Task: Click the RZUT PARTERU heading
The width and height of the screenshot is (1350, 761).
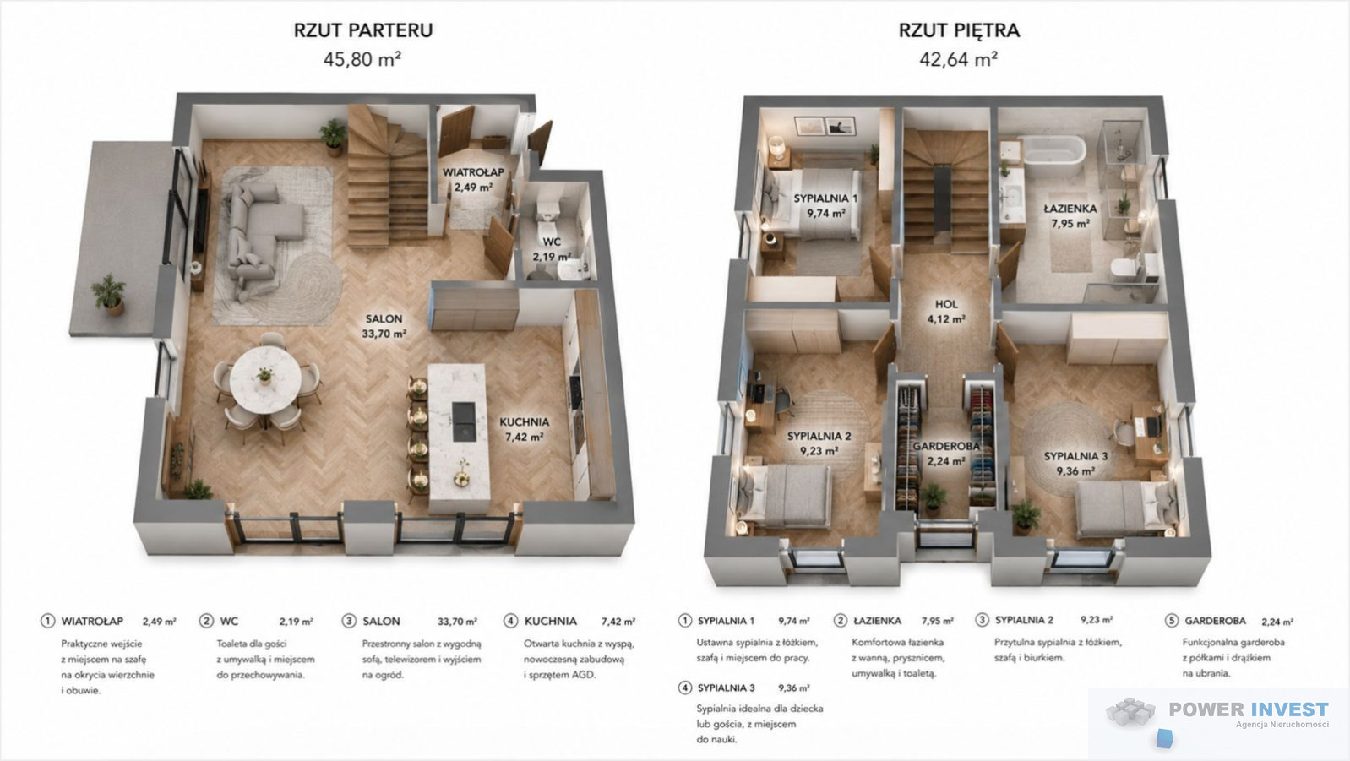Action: click(x=362, y=30)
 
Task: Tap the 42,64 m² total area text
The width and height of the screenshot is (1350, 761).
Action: click(x=958, y=59)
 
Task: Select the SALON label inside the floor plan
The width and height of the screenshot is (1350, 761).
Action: click(x=384, y=318)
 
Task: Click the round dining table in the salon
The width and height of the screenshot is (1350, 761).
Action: click(x=266, y=379)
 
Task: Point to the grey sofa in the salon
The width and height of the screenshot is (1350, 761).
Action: click(x=259, y=235)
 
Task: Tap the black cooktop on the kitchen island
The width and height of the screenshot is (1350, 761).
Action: click(x=464, y=421)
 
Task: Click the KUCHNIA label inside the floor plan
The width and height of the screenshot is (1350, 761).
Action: click(x=525, y=422)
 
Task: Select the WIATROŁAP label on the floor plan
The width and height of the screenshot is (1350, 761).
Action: click(x=474, y=172)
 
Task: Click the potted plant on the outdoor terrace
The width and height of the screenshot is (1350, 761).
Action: click(x=109, y=294)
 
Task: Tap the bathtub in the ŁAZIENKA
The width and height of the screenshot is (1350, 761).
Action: click(x=1054, y=155)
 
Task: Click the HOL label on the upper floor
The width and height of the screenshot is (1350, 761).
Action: click(x=946, y=304)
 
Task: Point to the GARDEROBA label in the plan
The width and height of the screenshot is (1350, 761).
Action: click(x=946, y=447)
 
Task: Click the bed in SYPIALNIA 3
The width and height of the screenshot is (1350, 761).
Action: click(x=1126, y=509)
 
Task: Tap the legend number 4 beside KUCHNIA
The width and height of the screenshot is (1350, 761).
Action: click(x=510, y=621)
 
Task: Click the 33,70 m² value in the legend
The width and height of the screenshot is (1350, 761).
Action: click(x=457, y=621)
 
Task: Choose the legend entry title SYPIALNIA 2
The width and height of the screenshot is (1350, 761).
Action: click(x=1024, y=620)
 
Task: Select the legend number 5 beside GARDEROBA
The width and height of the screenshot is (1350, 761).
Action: click(x=1172, y=621)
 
